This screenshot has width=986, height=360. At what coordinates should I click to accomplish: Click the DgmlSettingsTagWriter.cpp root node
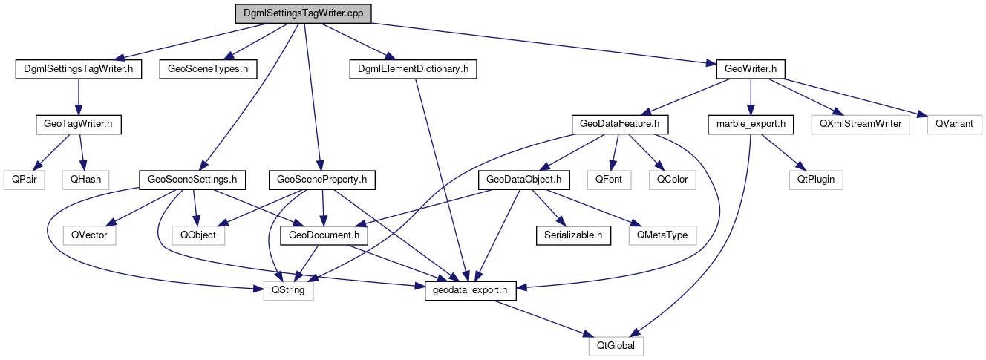[x=302, y=13]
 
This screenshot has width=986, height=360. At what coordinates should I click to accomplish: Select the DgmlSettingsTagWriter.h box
[x=79, y=69]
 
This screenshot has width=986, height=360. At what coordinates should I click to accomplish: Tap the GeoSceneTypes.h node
[x=208, y=69]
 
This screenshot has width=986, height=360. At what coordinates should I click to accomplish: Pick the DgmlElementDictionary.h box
[x=413, y=69]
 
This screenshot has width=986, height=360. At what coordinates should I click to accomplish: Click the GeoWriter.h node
[x=751, y=69]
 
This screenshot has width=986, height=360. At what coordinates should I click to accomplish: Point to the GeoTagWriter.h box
[x=79, y=124]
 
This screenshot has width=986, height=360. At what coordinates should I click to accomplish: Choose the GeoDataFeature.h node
[x=616, y=124]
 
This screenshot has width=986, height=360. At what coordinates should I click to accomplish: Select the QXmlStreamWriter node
[x=861, y=124]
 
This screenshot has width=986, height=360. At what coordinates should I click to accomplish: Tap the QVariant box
[x=954, y=124]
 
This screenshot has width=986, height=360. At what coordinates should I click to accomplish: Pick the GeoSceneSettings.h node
[x=192, y=179]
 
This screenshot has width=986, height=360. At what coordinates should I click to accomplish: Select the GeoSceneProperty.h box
[x=321, y=179]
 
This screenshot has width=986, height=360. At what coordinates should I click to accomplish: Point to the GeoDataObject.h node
[x=527, y=179]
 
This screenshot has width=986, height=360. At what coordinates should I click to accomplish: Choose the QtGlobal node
[x=616, y=346]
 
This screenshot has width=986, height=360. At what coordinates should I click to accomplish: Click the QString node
[x=289, y=290]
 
